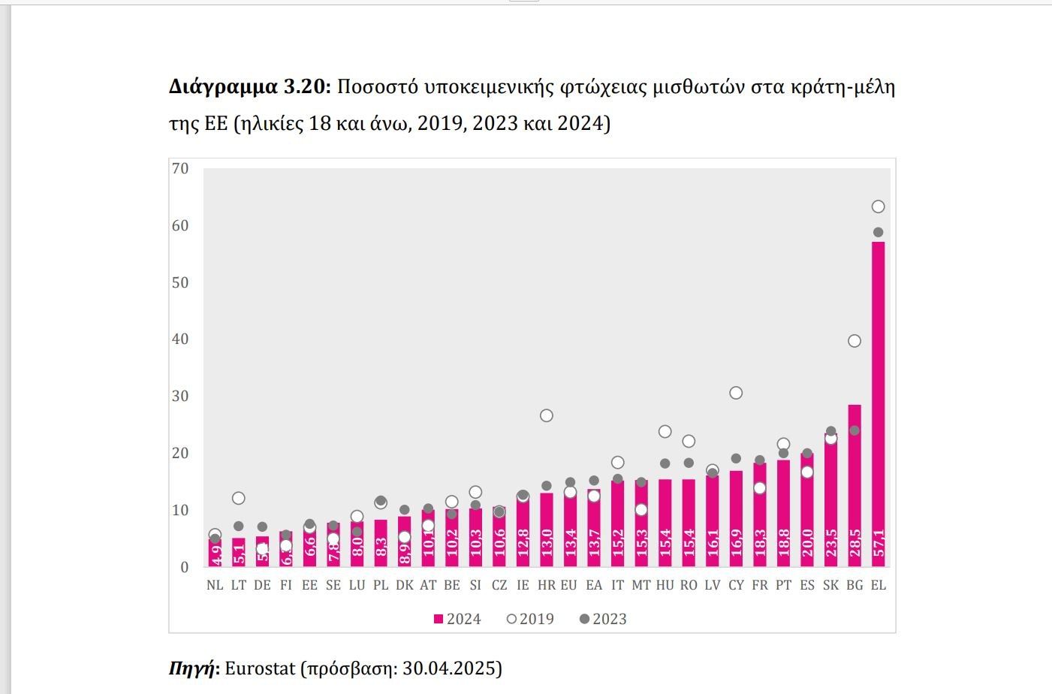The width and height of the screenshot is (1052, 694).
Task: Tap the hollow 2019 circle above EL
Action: coord(878,207)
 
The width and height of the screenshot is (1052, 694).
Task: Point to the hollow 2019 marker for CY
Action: coord(736,393)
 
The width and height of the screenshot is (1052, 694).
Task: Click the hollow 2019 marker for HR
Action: coord(547,415)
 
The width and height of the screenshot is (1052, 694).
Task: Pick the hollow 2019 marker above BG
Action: coord(855,341)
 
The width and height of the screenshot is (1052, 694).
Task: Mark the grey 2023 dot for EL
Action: coord(878,232)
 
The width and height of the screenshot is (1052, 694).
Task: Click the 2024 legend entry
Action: coord(457,619)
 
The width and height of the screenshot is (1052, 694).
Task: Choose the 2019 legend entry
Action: coord(530,619)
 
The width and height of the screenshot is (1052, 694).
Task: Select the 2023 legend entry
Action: coord(603,619)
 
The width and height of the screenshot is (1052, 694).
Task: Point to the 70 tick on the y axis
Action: coord(180,168)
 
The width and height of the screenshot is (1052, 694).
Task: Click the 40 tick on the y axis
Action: coord(180,339)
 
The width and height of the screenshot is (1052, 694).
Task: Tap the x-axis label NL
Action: coord(215,585)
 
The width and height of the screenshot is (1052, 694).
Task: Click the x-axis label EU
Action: coord(569,585)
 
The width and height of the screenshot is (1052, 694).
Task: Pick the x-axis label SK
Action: coord(831,585)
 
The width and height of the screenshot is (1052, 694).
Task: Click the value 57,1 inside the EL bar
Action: coord(878,543)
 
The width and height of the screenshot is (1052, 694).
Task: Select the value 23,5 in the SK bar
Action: coord(831,543)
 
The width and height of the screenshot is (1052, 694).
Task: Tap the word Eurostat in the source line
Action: coord(260,668)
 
